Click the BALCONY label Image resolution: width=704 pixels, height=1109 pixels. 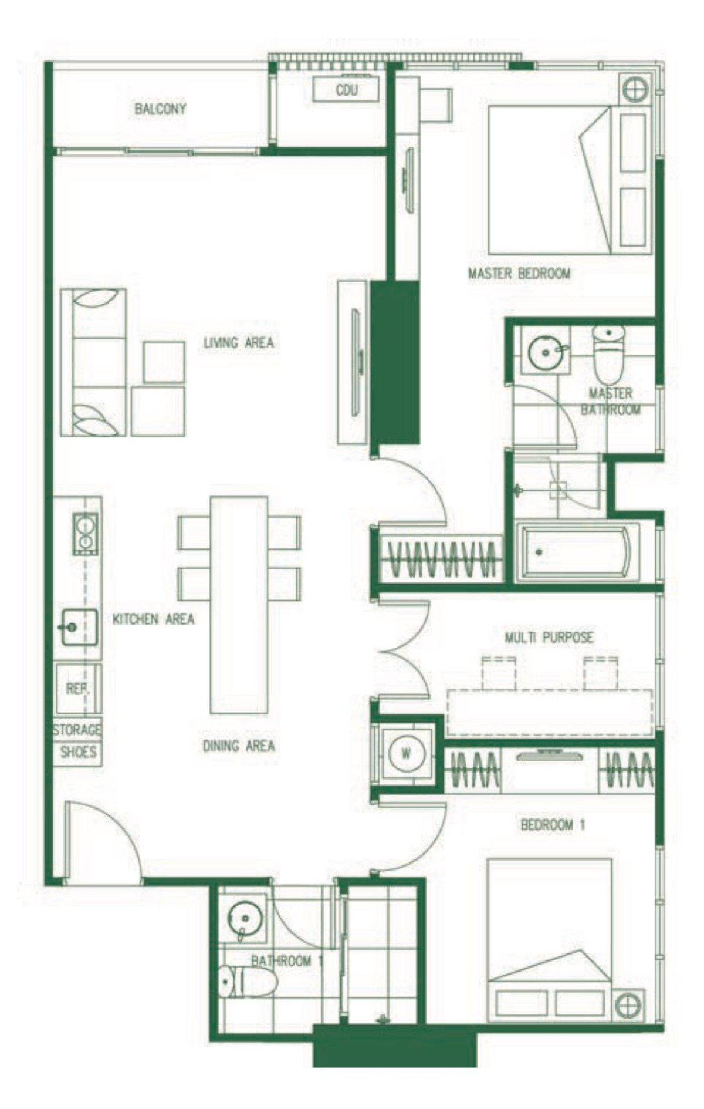click(x=160, y=109)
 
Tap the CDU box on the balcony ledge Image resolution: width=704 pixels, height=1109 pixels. click(x=346, y=90)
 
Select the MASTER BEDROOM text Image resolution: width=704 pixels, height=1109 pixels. click(x=519, y=273)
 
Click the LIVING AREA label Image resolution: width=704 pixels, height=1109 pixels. click(x=239, y=342)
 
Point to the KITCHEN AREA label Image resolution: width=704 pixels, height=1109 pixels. click(x=154, y=619)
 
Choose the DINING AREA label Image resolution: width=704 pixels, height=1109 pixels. click(x=239, y=746)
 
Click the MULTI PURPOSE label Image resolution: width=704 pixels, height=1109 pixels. click(x=549, y=637)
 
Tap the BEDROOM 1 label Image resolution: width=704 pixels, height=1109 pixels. click(x=553, y=825)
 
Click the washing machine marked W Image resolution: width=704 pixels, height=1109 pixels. click(x=406, y=753)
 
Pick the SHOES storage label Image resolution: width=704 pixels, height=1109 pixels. click(x=78, y=752)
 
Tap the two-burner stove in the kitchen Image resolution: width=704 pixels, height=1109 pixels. click(x=86, y=534)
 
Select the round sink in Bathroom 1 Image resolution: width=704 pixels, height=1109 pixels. click(x=245, y=916)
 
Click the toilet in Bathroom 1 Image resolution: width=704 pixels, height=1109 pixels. click(x=247, y=982)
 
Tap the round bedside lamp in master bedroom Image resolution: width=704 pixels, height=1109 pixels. click(x=635, y=90)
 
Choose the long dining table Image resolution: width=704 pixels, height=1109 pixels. click(x=239, y=605)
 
